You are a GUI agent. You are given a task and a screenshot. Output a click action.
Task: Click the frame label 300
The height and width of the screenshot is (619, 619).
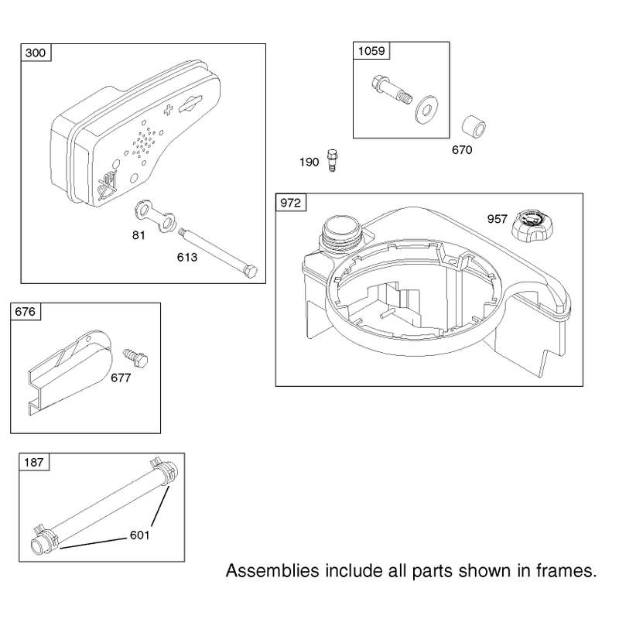click(x=36, y=53)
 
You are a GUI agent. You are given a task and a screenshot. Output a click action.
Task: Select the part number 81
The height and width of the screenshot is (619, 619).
click(x=139, y=235)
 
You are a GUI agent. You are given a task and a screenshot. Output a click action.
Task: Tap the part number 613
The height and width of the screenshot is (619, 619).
click(x=187, y=258)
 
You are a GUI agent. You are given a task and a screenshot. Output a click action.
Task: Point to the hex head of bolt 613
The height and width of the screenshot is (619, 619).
click(x=250, y=272)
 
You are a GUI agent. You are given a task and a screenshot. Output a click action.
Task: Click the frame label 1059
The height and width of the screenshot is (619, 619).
click(x=371, y=51)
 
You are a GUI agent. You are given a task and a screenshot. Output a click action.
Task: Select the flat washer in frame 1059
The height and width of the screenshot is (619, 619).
click(x=426, y=109)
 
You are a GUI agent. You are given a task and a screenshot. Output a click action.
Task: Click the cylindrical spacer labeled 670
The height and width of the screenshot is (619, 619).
click(x=474, y=127)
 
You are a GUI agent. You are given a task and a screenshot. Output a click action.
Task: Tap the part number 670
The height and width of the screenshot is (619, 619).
click(x=462, y=150)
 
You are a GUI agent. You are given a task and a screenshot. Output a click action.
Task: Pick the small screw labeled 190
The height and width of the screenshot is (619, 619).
click(x=333, y=160)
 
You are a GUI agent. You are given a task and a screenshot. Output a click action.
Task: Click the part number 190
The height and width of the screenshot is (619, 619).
click(x=309, y=162)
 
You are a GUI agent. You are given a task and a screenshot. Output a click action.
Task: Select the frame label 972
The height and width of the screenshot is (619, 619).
click(x=291, y=203)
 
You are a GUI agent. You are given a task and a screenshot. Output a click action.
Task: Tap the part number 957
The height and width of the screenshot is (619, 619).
click(x=497, y=219)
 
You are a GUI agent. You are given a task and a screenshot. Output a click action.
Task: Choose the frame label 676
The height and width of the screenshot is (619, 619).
click(x=26, y=312)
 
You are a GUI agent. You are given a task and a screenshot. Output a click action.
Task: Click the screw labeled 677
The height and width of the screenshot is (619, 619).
click(x=135, y=357)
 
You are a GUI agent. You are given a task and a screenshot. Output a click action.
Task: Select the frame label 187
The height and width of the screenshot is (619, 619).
click(x=34, y=462)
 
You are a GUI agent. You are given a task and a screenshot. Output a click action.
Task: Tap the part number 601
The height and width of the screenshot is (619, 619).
click(x=140, y=535)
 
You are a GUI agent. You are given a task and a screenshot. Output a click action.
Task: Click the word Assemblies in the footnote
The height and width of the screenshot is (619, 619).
click(x=272, y=571)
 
